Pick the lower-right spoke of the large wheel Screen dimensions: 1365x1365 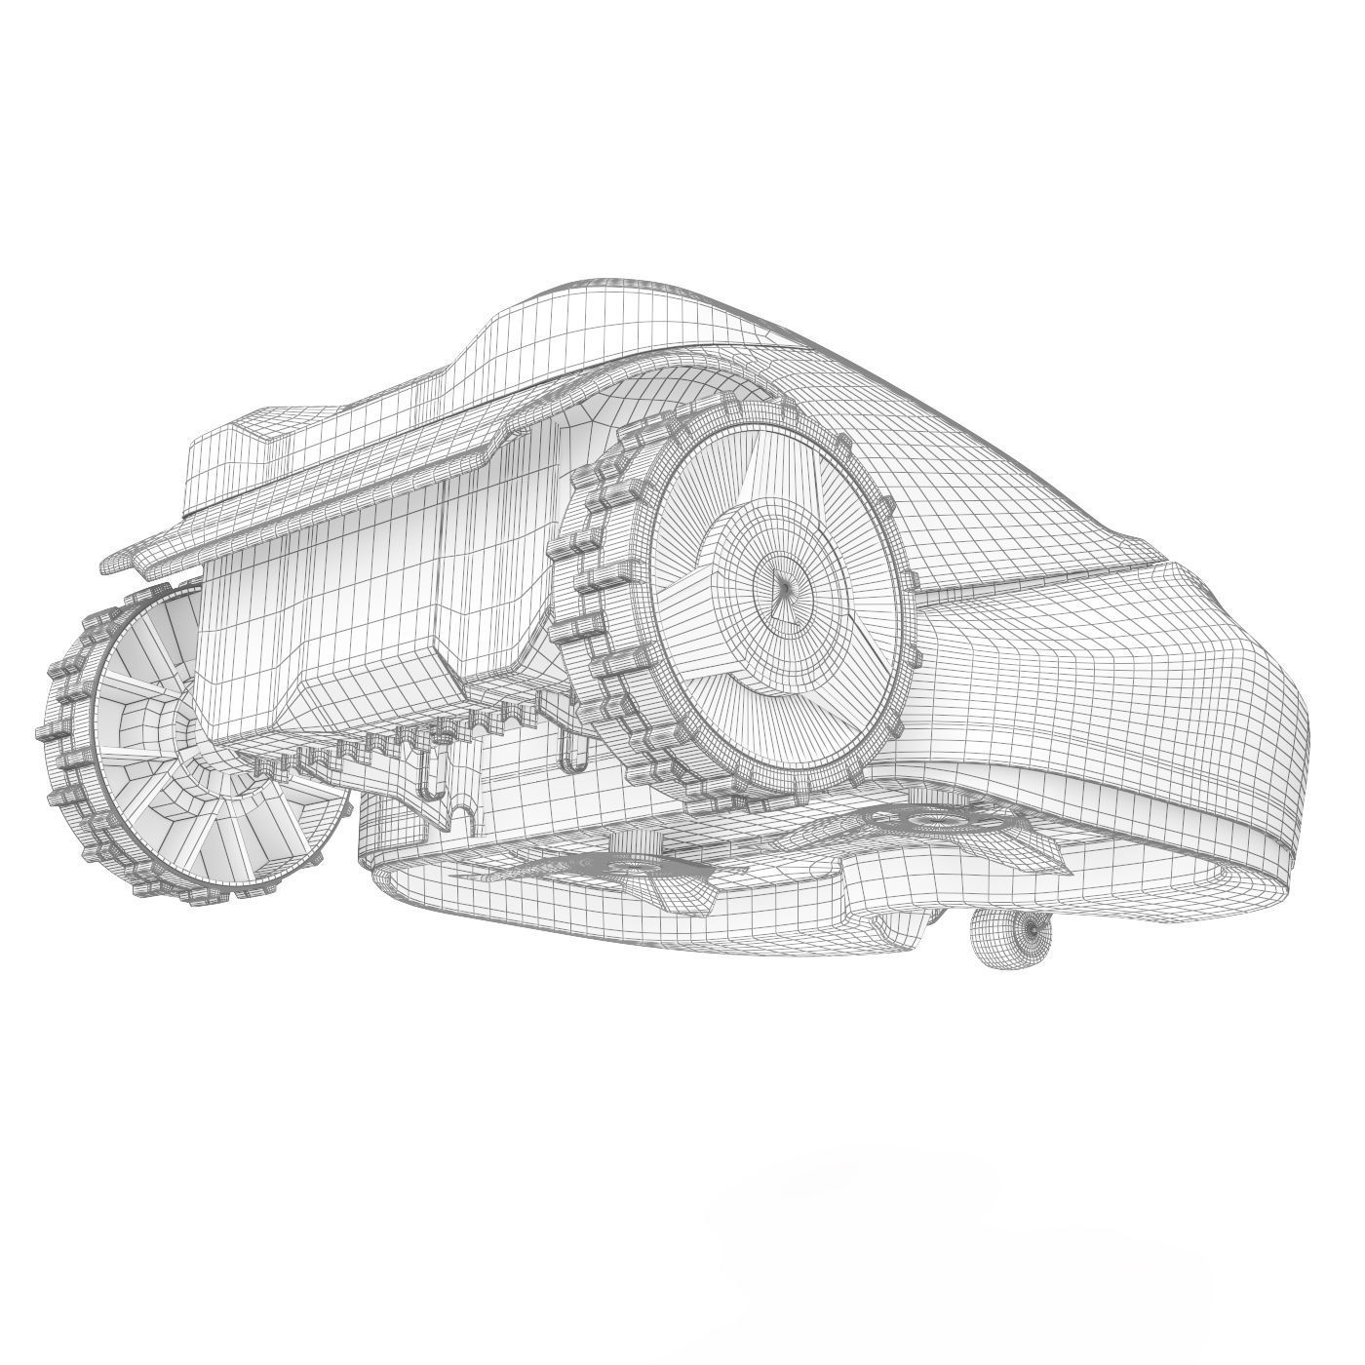(829, 673)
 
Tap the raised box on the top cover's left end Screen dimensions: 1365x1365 (244, 458)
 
